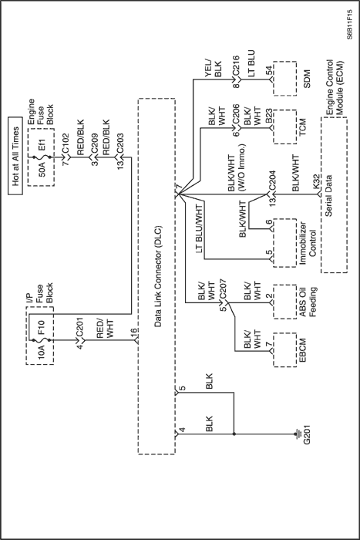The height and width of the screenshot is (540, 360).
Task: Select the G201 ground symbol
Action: click(x=297, y=434)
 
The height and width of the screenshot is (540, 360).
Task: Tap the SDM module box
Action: click(x=285, y=79)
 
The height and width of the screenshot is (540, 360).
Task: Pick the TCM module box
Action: click(x=285, y=127)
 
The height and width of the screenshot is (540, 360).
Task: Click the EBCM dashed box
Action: click(x=285, y=350)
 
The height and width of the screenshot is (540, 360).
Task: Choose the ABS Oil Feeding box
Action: click(x=285, y=302)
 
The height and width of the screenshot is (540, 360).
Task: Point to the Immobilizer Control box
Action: click(x=285, y=242)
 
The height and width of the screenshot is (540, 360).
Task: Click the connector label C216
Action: click(x=236, y=65)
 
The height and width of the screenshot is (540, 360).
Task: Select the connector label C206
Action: click(x=236, y=113)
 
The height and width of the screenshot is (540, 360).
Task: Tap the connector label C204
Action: click(x=272, y=180)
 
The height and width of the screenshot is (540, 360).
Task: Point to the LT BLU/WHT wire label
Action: click(x=200, y=228)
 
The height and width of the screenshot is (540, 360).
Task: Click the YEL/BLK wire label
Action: click(x=214, y=69)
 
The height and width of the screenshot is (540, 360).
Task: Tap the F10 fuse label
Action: click(x=42, y=328)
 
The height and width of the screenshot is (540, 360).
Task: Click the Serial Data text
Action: click(x=328, y=196)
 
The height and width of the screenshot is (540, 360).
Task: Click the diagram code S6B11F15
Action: click(x=349, y=25)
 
